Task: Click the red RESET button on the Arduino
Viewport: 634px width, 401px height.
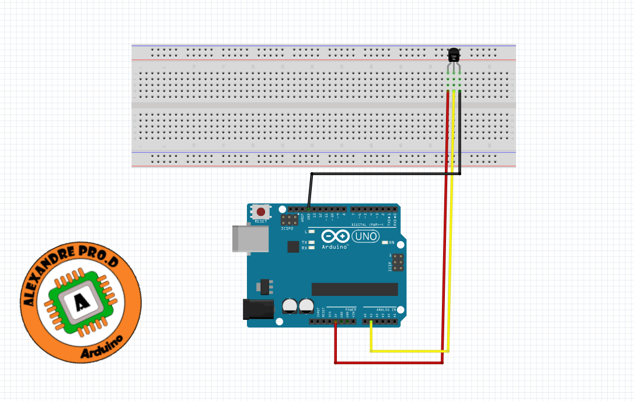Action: [260, 212]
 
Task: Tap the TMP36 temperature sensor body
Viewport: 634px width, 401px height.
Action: [454, 55]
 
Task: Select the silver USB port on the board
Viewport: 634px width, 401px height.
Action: [250, 238]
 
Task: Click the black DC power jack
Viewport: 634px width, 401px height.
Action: [258, 309]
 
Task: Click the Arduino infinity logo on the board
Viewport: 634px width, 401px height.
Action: [335, 236]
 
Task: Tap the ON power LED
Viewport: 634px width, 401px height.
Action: [384, 242]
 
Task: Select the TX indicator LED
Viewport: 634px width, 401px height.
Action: [311, 242]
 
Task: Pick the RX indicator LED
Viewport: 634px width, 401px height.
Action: [311, 248]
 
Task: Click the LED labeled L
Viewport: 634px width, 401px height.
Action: [311, 232]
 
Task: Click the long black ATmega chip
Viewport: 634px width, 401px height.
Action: [354, 289]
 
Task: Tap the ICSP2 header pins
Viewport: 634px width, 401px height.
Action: [288, 220]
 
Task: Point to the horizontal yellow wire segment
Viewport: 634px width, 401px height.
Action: [409, 351]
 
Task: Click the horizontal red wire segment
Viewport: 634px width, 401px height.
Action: [388, 362]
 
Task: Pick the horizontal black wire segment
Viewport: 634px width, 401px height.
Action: [385, 173]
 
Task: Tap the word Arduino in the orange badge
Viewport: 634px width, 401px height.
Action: [102, 346]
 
